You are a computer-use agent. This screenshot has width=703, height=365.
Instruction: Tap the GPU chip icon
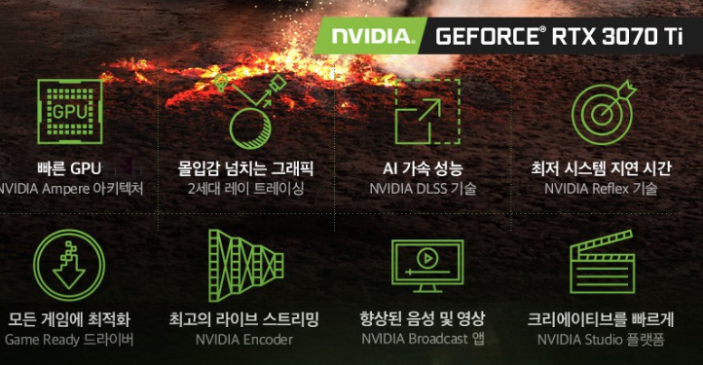(x=69, y=111)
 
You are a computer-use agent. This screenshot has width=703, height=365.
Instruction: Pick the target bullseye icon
(x=603, y=111)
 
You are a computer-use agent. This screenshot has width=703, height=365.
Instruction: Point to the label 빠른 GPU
(x=69, y=168)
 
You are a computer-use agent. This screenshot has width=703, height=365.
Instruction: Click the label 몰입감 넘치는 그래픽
(x=245, y=168)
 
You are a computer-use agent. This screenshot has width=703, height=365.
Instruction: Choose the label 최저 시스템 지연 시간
(x=601, y=168)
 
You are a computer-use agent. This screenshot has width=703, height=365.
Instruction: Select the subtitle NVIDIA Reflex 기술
(x=601, y=189)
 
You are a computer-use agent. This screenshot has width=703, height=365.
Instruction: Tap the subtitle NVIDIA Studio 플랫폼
(x=601, y=340)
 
